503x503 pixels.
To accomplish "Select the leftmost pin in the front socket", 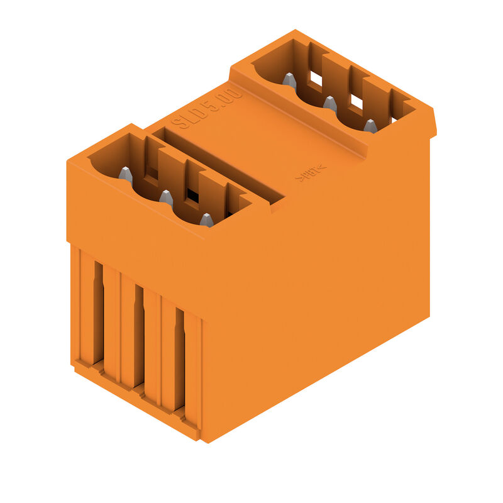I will tap(126, 175).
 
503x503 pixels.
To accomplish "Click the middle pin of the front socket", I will tap(166, 198).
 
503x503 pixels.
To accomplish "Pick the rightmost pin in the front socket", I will tap(206, 219).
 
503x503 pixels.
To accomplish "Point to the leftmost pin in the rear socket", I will tap(289, 80).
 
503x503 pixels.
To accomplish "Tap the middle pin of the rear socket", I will tap(330, 103).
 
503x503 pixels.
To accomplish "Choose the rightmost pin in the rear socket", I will tap(370, 126).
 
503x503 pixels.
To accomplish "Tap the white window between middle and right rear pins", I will tap(356, 101).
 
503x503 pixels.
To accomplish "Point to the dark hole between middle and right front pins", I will tap(192, 197).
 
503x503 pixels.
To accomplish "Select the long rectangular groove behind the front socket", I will tap(217, 166).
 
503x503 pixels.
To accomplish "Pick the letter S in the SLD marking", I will tap(181, 121).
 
